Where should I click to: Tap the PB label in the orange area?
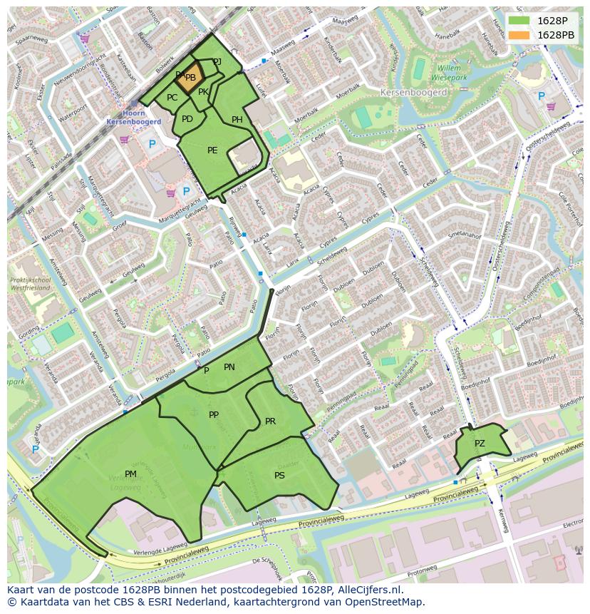click(190, 78)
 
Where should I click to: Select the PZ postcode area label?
click(480, 444)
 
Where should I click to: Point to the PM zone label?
click(130, 474)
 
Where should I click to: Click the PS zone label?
click(279, 475)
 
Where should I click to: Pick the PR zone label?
click(270, 421)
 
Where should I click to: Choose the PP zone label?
click(213, 414)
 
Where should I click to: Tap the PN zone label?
click(229, 367)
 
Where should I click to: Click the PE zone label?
click(212, 150)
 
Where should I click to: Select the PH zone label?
click(237, 120)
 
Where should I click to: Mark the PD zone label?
click(187, 118)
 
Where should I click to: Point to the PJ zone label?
click(217, 62)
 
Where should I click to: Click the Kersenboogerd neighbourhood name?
click(413, 93)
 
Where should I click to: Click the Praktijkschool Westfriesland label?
click(31, 285)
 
